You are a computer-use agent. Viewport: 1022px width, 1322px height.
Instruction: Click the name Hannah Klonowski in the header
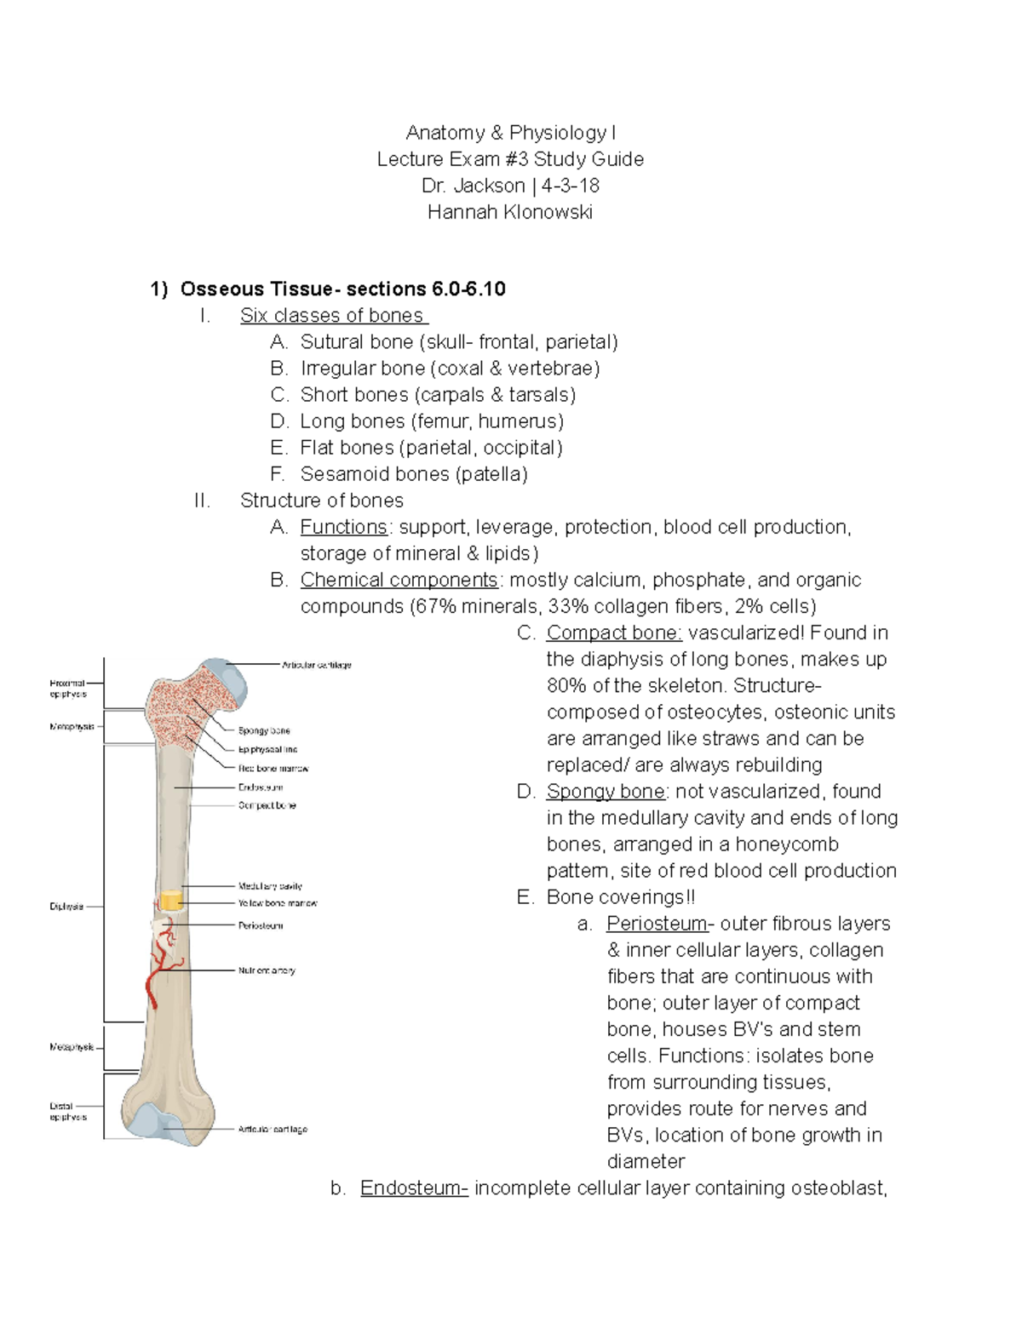click(509, 212)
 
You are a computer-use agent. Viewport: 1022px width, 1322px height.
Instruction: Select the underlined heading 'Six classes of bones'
click(332, 316)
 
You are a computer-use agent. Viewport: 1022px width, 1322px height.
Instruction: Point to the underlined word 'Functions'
click(343, 527)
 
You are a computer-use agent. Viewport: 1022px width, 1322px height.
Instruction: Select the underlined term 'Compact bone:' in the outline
click(614, 632)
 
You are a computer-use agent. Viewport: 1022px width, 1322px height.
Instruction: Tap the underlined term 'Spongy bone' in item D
click(606, 791)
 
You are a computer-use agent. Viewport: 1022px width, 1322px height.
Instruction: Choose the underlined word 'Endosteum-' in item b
click(414, 1188)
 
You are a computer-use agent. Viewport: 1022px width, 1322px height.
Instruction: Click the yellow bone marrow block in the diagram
click(171, 901)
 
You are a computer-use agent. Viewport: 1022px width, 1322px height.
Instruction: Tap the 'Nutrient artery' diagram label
click(267, 970)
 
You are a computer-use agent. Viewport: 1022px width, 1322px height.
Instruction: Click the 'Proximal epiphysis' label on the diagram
click(67, 688)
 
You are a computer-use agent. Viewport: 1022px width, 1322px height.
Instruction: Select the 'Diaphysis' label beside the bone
click(66, 907)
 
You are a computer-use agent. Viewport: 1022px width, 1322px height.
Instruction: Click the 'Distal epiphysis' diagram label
click(67, 1112)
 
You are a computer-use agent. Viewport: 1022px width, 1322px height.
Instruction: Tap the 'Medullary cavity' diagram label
click(270, 886)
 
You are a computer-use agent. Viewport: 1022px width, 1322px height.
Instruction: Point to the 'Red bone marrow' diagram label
click(273, 769)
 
